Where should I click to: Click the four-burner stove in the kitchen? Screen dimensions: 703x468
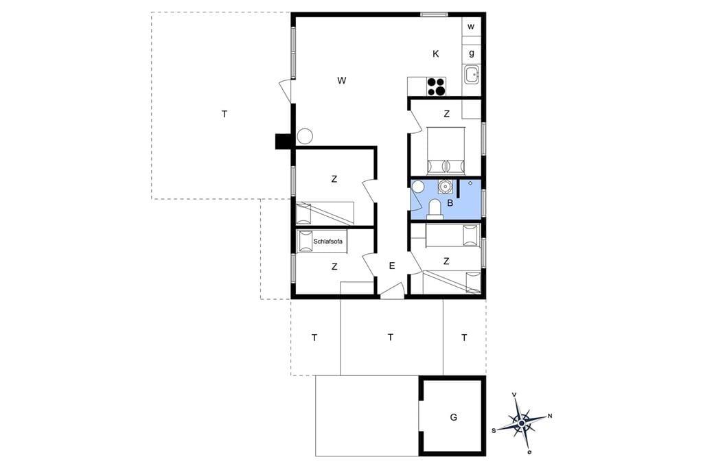click(436, 86)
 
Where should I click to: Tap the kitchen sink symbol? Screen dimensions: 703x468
click(472, 74)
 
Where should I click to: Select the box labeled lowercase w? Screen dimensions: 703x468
click(471, 27)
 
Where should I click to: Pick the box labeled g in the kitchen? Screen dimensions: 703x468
click(471, 54)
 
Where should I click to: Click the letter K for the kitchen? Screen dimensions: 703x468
click(436, 54)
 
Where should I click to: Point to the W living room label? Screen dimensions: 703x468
click(342, 81)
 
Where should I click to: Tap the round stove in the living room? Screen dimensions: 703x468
click(305, 137)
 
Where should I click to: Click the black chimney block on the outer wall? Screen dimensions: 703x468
click(284, 141)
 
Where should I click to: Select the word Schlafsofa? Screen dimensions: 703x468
click(327, 242)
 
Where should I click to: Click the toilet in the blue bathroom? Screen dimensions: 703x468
click(435, 209)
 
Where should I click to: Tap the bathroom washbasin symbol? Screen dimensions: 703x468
click(445, 185)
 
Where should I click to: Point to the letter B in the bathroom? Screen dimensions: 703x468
click(450, 203)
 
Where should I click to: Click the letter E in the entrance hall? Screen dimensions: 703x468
click(392, 266)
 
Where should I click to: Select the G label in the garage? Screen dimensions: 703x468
click(454, 417)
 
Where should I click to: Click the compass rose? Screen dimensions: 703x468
click(522, 423)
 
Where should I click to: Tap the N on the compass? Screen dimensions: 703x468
click(550, 416)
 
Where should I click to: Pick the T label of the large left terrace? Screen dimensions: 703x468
click(224, 115)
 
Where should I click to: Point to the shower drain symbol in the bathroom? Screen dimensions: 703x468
click(470, 183)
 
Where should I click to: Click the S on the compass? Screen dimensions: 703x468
click(494, 431)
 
